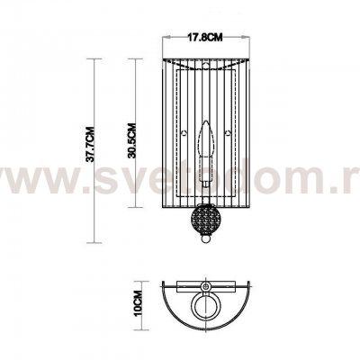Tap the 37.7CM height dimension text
click(90, 149)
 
